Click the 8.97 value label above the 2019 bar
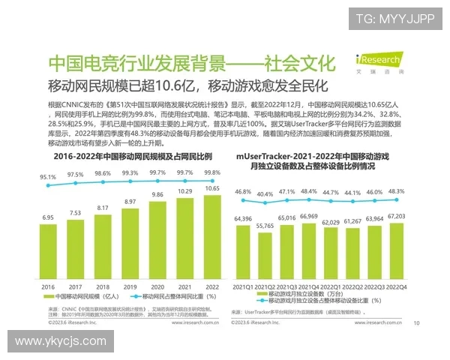130,202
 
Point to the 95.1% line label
48,178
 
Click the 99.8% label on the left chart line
212,172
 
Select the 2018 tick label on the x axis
103,287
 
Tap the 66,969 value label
308,216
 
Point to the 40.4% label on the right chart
264,194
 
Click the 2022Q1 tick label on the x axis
331,287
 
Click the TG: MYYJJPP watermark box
394,19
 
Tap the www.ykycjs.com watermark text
61,341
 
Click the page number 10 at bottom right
416,324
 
